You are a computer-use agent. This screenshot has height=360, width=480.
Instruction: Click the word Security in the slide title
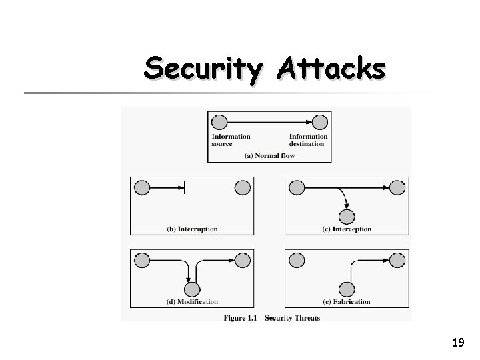point(198,68)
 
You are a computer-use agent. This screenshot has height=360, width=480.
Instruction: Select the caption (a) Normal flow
point(269,155)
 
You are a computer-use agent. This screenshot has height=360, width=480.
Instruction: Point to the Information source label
point(231,140)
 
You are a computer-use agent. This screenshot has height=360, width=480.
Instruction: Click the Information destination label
point(307,140)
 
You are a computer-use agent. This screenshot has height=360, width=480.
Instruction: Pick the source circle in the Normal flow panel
point(219,123)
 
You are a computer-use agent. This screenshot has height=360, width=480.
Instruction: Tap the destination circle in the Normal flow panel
point(320,123)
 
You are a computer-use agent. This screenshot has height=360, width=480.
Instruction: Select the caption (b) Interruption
point(192,229)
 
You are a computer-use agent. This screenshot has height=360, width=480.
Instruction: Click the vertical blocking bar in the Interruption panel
point(185,189)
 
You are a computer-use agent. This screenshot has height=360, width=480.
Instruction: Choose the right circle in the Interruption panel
point(243,188)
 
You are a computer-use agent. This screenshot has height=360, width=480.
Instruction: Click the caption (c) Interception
point(347,229)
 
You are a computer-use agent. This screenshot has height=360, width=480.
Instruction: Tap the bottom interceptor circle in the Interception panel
point(347,217)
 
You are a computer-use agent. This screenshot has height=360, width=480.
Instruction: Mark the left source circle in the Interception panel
point(297,188)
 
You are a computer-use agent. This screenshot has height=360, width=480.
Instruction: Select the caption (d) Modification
point(192,301)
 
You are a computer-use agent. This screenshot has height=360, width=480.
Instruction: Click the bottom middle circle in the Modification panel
point(192,289)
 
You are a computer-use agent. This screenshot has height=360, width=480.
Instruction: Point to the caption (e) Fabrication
point(346,301)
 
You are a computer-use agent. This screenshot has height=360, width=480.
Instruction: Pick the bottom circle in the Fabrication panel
point(347,289)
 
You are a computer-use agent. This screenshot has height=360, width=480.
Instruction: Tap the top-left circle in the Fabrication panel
point(297,260)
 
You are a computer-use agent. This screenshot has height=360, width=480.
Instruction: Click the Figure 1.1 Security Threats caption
point(272,318)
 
